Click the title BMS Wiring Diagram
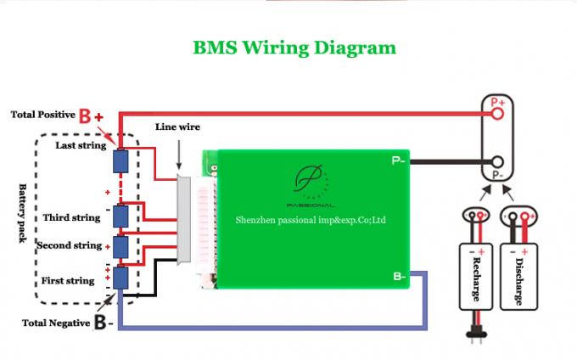pyautogui.click(x=294, y=48)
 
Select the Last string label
pyautogui.click(x=81, y=145)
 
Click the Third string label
pyautogui.click(x=71, y=218)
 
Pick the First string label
pyautogui.click(x=68, y=280)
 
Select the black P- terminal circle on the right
pyautogui.click(x=498, y=162)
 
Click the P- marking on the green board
pyautogui.click(x=398, y=160)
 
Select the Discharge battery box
pyautogui.click(x=518, y=272)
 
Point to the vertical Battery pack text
pyautogui.click(x=24, y=212)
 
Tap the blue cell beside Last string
pyautogui.click(x=120, y=160)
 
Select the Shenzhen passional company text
pyautogui.click(x=311, y=219)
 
